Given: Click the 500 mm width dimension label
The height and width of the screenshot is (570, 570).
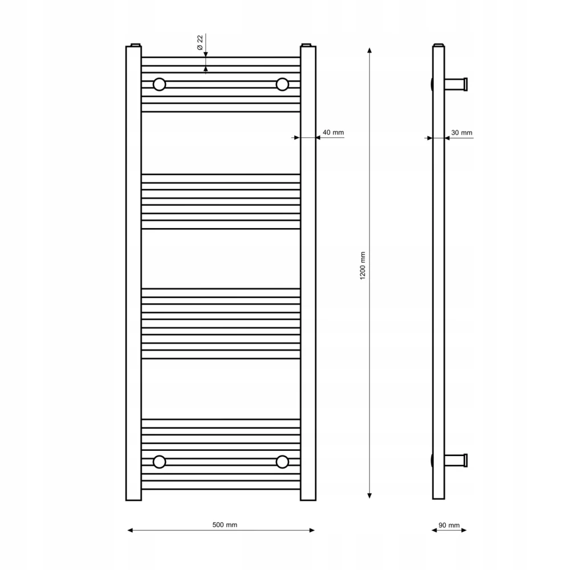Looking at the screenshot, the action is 225,525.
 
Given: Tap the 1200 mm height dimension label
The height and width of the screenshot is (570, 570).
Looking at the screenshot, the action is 363,266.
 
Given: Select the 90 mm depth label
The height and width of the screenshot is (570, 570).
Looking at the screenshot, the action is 449,526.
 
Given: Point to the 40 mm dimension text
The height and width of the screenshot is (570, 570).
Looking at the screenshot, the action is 333,132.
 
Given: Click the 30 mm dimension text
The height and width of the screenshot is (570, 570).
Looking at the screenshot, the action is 462,133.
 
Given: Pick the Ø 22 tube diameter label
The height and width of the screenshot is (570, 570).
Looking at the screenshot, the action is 199,43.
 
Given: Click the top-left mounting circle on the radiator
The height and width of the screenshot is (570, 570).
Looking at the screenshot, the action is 159,84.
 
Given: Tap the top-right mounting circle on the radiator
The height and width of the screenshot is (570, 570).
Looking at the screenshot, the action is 282,84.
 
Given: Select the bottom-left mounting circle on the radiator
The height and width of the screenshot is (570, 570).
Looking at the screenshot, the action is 159,462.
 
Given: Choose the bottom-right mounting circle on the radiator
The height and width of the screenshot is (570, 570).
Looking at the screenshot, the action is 282,462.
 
